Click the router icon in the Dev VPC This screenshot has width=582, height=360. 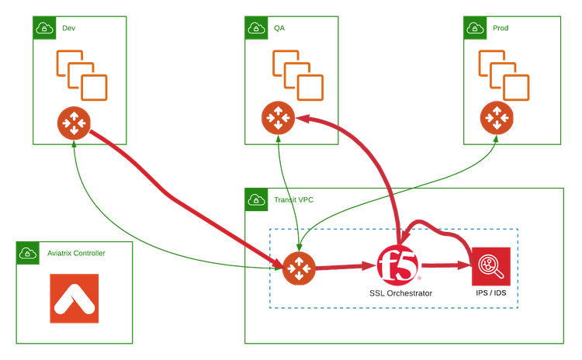74,122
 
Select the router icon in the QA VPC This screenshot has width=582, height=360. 275,118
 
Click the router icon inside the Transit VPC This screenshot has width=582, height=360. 296,268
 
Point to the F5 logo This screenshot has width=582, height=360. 398,265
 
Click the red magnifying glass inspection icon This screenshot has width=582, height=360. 490,266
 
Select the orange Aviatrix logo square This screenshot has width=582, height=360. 74,299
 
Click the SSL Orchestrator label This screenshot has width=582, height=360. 400,293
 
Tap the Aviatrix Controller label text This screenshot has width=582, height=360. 76,253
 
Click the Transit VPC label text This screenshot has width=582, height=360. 293,199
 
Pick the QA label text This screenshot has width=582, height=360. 279,28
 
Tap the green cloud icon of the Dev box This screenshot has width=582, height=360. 44,28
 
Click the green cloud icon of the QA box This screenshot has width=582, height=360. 257,28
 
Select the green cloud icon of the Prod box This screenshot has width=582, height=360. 474,28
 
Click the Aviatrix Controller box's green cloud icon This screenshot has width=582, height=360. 27,253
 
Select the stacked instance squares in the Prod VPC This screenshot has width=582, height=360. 504,74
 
